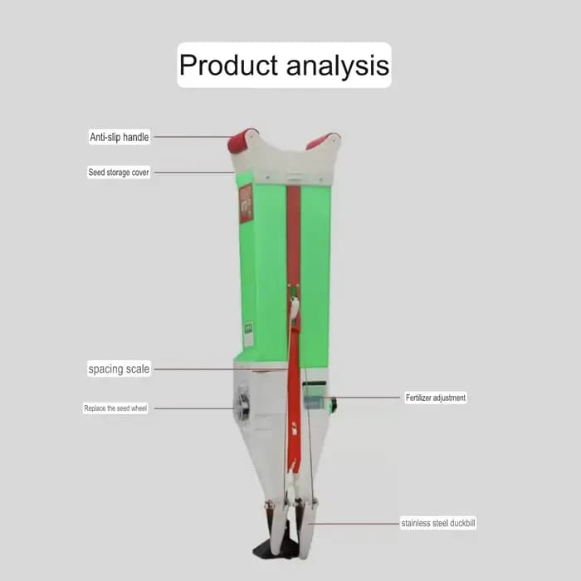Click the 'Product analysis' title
(x=284, y=66)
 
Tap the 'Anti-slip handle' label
(x=120, y=137)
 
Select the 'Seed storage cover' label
(x=119, y=173)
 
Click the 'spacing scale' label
(x=119, y=369)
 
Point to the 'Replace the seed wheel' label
(x=115, y=408)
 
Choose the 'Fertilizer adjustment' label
(x=436, y=398)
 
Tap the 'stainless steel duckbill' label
(x=438, y=523)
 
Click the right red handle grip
(x=321, y=141)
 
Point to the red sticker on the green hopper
(x=246, y=203)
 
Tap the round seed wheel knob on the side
(x=242, y=403)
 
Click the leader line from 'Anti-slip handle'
(x=193, y=137)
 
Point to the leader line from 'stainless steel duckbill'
(x=353, y=524)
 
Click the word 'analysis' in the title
(x=338, y=66)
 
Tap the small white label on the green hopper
(x=248, y=334)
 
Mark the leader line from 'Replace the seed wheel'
(x=193, y=408)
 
